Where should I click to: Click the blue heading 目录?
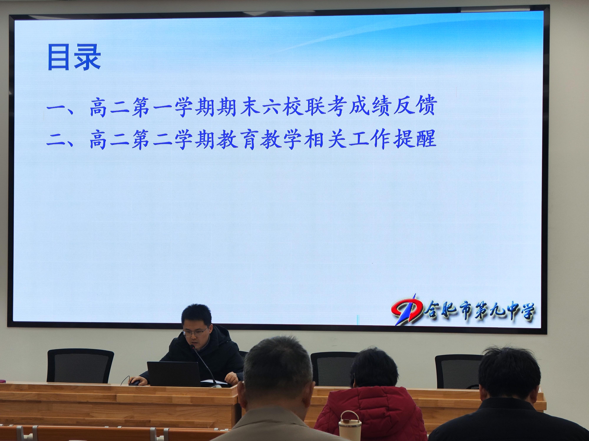(x=74, y=58)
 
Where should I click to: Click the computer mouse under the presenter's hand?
(x=134, y=383)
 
